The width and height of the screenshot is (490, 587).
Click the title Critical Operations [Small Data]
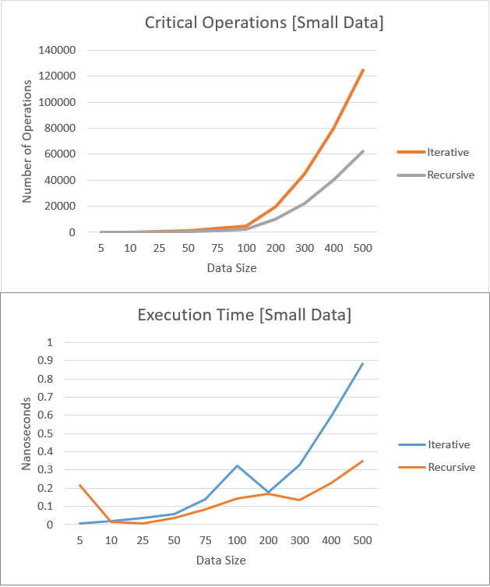click(264, 23)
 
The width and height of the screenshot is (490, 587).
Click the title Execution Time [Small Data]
click(244, 316)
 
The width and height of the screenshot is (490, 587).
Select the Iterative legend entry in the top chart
click(448, 151)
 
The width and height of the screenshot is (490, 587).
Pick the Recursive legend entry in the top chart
click(450, 175)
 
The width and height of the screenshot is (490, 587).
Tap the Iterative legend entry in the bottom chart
click(448, 444)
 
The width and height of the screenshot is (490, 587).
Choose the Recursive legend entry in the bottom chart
click(450, 467)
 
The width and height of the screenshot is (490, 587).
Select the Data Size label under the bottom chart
click(220, 560)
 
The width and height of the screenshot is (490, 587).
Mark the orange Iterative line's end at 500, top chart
click(363, 69)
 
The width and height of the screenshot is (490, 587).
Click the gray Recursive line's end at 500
click(363, 151)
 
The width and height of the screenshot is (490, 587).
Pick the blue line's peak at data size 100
click(237, 465)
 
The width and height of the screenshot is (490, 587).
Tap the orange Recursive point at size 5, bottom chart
click(79, 485)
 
